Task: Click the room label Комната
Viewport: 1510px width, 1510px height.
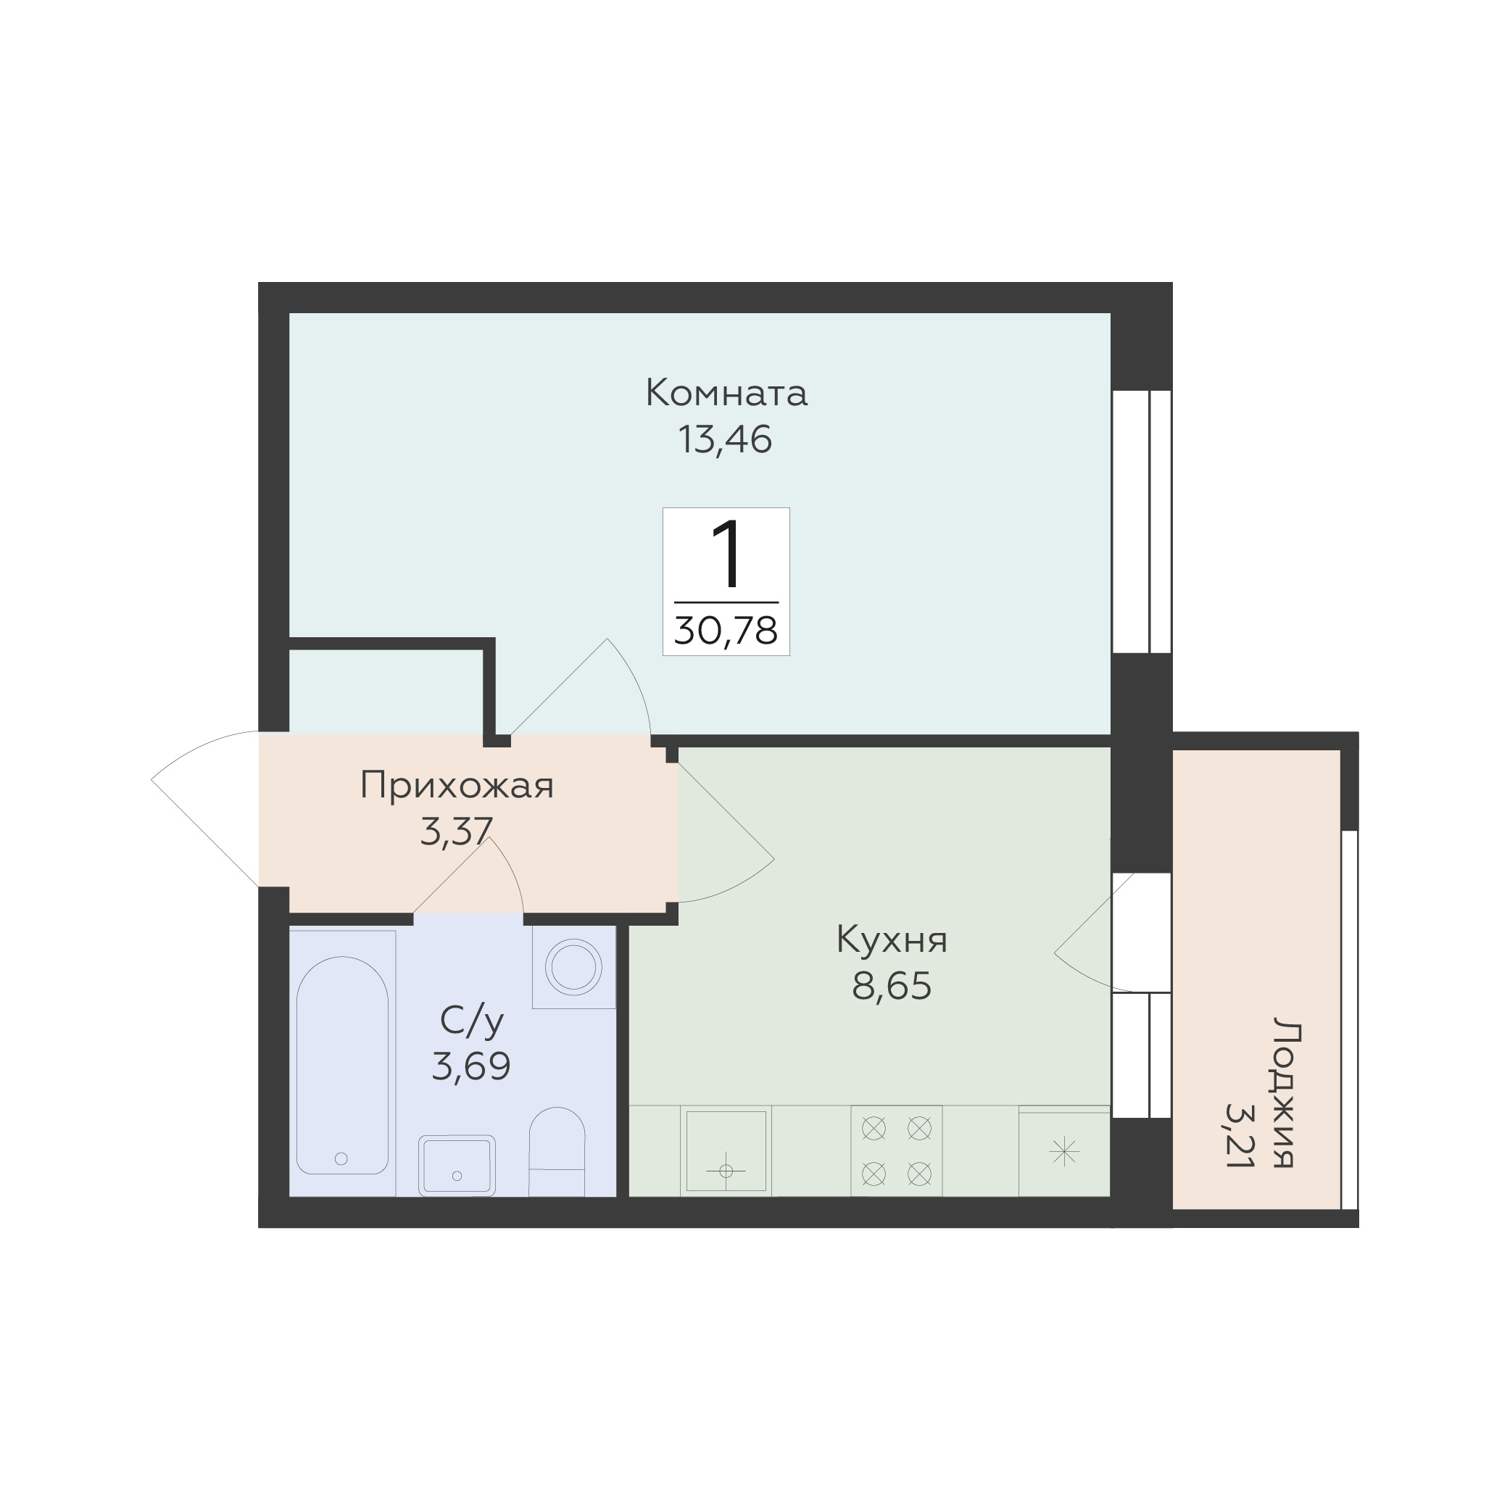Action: [x=726, y=393]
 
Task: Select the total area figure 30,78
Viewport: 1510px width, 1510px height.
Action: [x=726, y=631]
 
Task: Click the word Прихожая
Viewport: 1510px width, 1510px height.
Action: [x=457, y=786]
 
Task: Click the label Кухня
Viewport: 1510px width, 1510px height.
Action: [x=892, y=940]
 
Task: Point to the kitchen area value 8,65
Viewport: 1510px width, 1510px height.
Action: [x=892, y=987]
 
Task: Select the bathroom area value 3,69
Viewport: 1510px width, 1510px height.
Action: [x=471, y=1066]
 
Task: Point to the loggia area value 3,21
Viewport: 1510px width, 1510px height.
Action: [x=1240, y=1134]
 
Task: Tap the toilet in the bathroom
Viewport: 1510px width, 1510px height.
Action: [x=557, y=1151]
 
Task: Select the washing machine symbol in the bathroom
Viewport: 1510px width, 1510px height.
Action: [x=573, y=967]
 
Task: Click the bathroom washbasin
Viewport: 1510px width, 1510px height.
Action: [x=457, y=1166]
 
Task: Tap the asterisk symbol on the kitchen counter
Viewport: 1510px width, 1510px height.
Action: [x=1064, y=1152]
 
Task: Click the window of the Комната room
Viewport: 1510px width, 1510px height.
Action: [x=1141, y=521]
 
